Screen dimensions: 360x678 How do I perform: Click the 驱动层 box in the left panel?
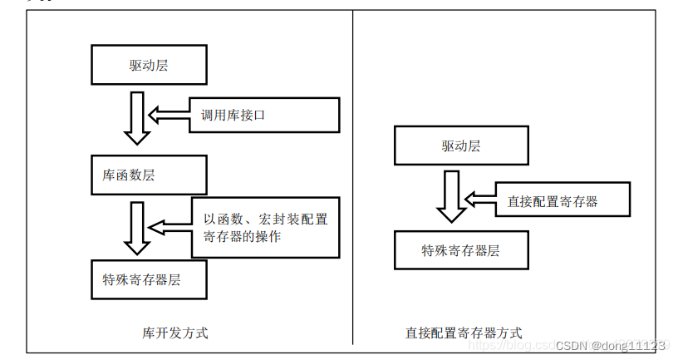(x=148, y=65)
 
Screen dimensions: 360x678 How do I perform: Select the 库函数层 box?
(x=148, y=175)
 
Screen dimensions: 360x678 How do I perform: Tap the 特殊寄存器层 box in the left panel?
(x=148, y=279)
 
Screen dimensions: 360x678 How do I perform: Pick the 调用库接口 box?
(x=265, y=115)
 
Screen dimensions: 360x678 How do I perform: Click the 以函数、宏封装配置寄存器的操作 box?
(x=265, y=227)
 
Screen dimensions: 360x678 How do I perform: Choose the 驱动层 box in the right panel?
(x=460, y=145)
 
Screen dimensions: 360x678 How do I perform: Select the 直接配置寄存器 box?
(x=562, y=200)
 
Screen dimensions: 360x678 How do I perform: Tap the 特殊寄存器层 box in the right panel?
(x=460, y=250)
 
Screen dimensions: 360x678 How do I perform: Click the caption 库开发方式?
(x=175, y=333)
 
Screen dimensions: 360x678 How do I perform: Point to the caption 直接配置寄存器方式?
(x=464, y=333)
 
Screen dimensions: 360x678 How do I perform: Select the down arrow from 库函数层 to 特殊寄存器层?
(x=135, y=227)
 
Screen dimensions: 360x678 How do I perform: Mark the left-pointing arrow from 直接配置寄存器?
(x=479, y=200)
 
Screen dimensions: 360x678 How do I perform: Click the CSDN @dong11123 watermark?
(x=611, y=345)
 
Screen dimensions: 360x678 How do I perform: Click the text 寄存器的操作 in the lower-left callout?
(x=242, y=237)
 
